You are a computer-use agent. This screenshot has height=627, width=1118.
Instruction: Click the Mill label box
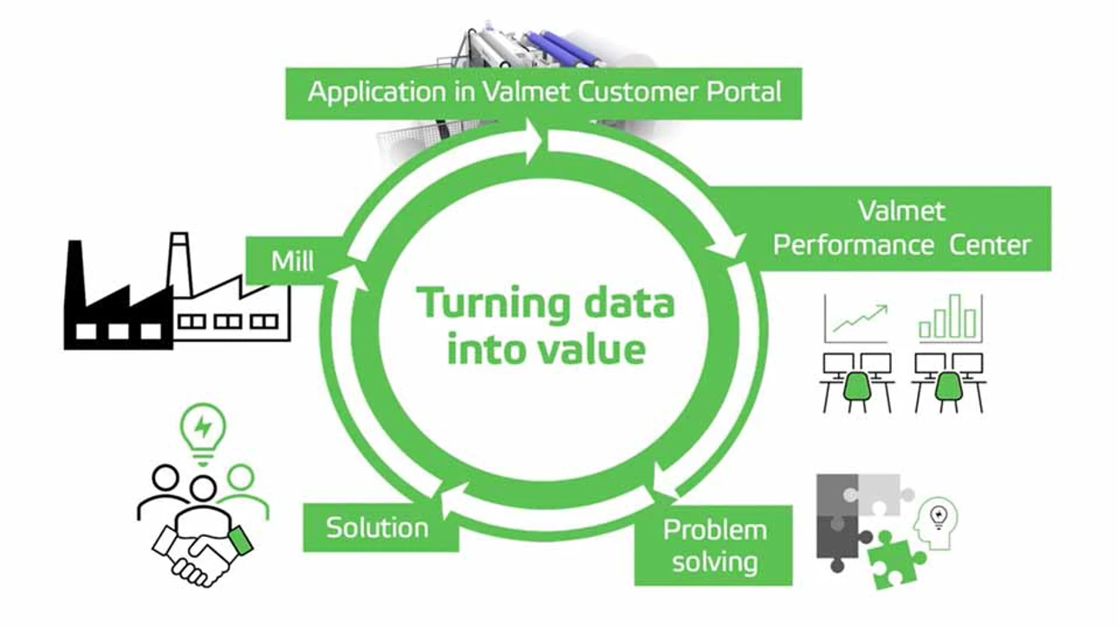click(x=292, y=261)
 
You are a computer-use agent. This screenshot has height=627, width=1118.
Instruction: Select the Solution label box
click(x=378, y=527)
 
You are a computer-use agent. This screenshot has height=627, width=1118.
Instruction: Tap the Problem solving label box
click(x=714, y=545)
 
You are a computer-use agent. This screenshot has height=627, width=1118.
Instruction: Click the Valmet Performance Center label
click(x=901, y=229)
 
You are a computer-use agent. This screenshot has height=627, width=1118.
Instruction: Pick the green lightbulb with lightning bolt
click(x=203, y=428)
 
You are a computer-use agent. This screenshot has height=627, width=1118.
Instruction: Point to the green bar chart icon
click(x=948, y=318)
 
